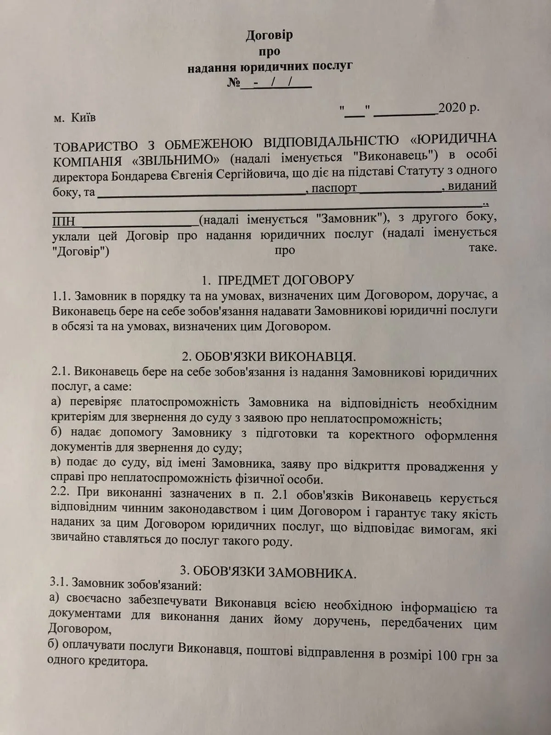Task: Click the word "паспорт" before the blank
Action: point(334,188)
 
